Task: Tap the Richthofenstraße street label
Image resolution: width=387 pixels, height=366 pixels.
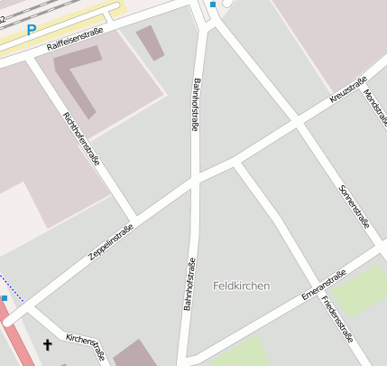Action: pos(81,137)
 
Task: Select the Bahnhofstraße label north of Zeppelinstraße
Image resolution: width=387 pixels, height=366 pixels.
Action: pos(195,106)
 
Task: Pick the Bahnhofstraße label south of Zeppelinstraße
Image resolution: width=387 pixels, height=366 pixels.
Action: pos(190,286)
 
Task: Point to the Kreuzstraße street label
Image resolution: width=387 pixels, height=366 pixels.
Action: pos(348,89)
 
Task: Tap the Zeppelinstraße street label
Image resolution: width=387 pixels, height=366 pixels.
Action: pos(112,242)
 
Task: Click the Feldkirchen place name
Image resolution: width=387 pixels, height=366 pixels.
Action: pos(242,286)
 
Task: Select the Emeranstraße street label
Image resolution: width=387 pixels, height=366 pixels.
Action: pos(325,284)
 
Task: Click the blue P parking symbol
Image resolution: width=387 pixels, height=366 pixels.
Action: pos(32,30)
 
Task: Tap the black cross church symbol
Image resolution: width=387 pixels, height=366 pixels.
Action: pos(48,344)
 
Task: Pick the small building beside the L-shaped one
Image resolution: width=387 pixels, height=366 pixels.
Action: pos(151,42)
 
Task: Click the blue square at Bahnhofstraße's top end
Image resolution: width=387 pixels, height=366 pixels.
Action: pos(213,5)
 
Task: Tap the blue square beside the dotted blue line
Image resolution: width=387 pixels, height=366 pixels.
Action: pos(5,297)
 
